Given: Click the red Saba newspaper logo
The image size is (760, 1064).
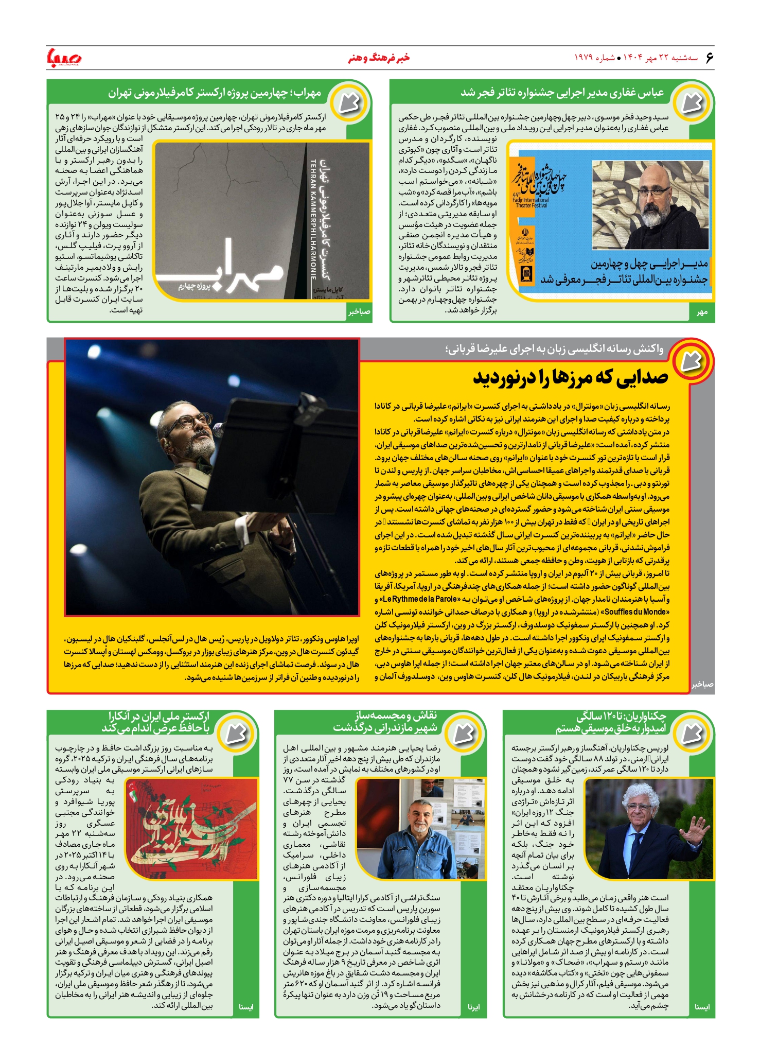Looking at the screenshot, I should tap(64, 57).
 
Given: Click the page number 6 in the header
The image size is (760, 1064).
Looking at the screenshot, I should tap(710, 57).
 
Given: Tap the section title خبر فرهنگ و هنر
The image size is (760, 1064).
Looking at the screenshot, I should tap(379, 58).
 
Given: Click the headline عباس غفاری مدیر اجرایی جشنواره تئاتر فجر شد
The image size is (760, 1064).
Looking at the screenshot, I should tap(562, 93).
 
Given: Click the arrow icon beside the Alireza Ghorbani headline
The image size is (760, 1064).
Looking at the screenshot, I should tap(692, 361).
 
